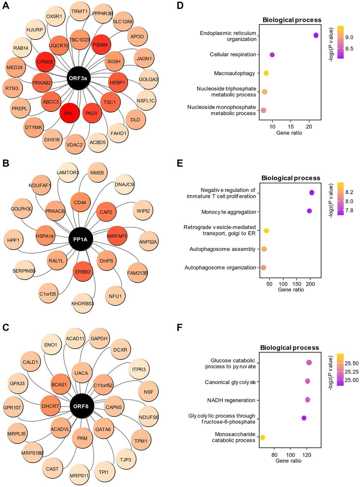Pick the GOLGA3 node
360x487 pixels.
[148, 79]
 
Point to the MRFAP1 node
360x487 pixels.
[117, 236]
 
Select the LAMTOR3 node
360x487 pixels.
[68, 173]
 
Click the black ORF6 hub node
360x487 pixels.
[81, 406]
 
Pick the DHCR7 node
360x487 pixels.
[50, 406]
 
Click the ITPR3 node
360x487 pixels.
[139, 369]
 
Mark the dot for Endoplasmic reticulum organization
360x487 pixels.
[316, 35]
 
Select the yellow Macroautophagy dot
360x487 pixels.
[266, 73]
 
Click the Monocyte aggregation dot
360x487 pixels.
[310, 211]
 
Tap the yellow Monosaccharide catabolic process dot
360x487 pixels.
[263, 438]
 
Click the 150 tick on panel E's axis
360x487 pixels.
[297, 284]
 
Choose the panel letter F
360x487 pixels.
[179, 327]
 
